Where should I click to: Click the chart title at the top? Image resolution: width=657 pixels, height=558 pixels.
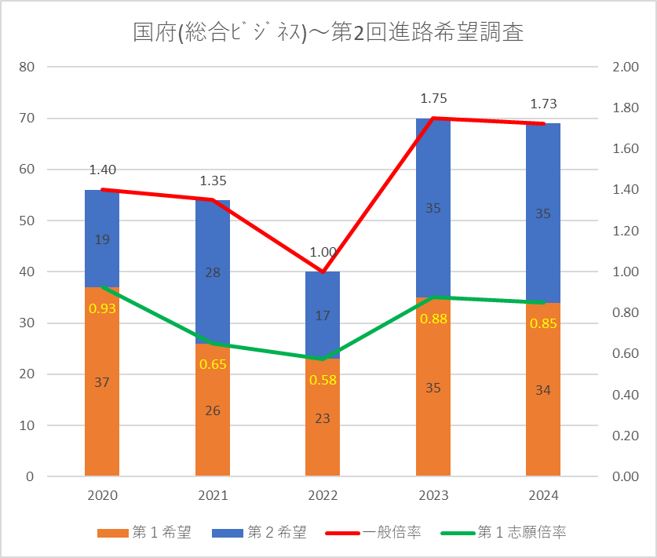[328, 33]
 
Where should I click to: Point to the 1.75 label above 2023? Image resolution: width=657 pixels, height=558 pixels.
[433, 99]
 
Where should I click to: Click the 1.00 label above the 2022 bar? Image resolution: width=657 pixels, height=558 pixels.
[323, 253]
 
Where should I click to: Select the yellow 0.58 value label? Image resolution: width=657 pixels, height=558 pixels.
[323, 379]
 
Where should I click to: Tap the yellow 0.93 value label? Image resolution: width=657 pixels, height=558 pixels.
[102, 308]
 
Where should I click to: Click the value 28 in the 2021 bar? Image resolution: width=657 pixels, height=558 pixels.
[213, 272]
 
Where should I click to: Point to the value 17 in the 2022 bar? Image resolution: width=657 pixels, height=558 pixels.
[323, 316]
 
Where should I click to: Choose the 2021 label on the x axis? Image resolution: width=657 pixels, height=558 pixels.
[213, 495]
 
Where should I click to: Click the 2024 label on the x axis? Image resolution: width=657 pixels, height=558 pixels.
[543, 495]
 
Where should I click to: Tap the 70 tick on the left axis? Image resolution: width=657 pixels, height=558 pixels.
[27, 119]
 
